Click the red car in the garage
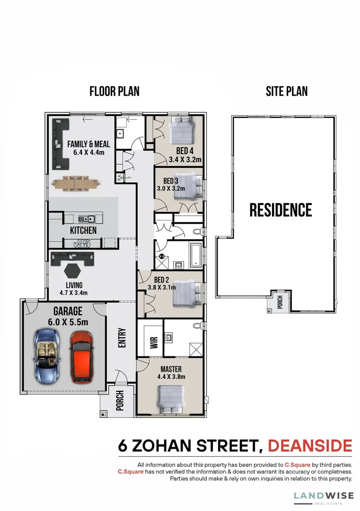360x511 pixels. click(81, 357)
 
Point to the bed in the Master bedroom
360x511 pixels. click(171, 398)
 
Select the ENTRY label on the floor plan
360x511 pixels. click(122, 338)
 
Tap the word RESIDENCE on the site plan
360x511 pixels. click(281, 210)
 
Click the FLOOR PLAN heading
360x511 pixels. click(114, 91)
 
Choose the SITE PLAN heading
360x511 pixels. click(287, 91)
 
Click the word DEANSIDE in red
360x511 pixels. click(310, 446)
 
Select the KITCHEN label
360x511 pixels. click(83, 230)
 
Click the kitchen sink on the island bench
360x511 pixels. click(86, 219)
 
